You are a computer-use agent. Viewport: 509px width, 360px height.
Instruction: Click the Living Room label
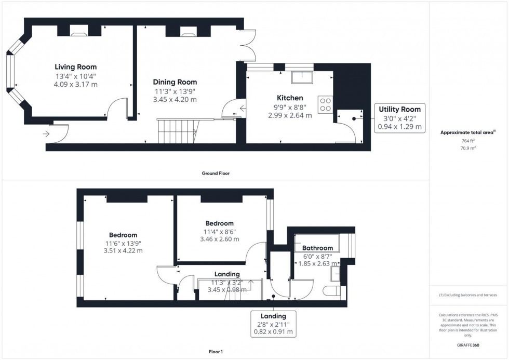coord(76,67)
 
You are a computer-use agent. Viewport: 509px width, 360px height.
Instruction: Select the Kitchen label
coord(290,98)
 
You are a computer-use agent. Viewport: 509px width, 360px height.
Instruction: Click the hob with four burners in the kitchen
coord(326,104)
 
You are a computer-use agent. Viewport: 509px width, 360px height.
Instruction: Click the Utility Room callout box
coord(400,118)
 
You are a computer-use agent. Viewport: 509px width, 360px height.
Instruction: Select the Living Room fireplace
coord(79,32)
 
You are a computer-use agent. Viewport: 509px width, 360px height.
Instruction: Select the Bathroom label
coord(317,248)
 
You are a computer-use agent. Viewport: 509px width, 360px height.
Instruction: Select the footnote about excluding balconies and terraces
coord(468,295)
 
